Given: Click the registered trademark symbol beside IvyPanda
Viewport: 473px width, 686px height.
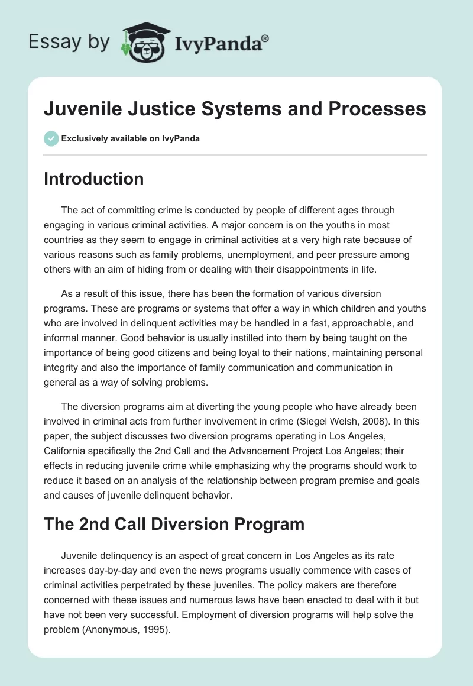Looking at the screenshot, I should click(265, 38).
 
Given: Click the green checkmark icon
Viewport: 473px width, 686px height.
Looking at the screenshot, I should click(51, 138).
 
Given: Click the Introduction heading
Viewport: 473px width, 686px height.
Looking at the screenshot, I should click(93, 179).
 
